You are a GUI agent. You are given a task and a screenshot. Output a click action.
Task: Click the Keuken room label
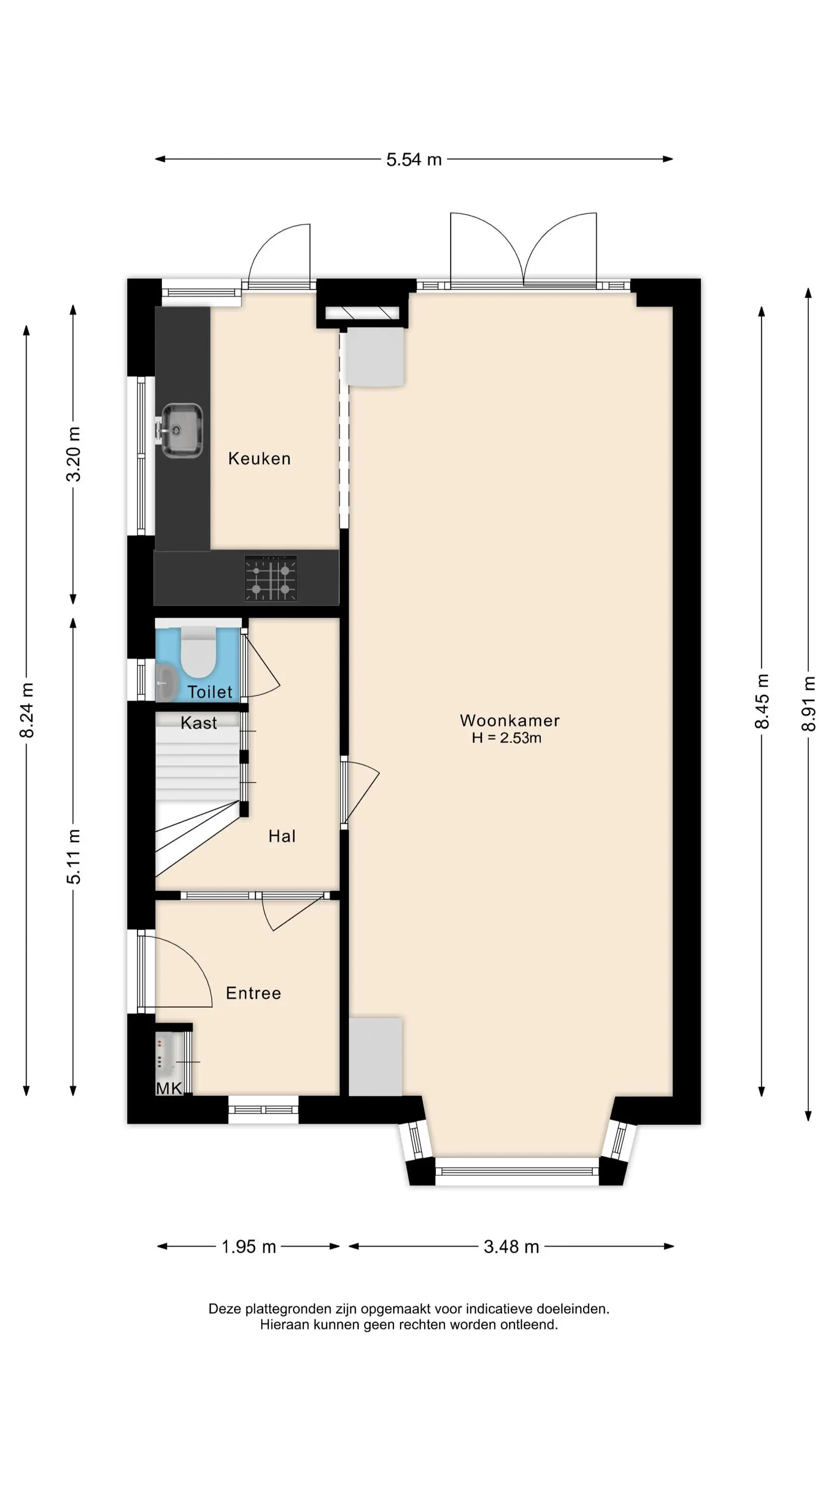tap(259, 459)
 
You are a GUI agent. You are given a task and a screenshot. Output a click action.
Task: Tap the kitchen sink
tap(181, 430)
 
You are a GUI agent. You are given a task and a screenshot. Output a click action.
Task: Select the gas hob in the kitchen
tap(271, 578)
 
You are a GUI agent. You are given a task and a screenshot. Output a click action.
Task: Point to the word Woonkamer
tap(510, 721)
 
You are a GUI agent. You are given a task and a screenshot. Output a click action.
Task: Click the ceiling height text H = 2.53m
tap(507, 739)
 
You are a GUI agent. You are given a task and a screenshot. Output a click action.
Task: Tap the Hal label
tap(282, 837)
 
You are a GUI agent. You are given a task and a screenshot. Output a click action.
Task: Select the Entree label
tap(254, 993)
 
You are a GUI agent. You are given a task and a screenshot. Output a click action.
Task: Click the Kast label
tap(199, 723)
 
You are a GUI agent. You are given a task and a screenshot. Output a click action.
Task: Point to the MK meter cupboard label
tap(169, 1089)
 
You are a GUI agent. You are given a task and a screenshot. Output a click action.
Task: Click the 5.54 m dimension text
tap(414, 160)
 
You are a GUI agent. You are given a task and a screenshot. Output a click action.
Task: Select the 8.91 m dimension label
tap(809, 704)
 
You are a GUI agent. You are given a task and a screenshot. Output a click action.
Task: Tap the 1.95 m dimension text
tap(249, 1247)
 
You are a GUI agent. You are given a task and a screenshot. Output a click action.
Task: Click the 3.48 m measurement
tap(511, 1247)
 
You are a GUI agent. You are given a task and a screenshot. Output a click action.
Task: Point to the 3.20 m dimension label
tap(74, 454)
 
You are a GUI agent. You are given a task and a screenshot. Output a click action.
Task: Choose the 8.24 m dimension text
tap(27, 710)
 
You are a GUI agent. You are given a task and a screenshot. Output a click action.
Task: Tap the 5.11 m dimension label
tap(74, 857)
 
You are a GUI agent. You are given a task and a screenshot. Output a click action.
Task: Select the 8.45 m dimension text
tap(762, 701)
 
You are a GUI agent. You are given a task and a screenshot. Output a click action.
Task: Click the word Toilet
tap(210, 692)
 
